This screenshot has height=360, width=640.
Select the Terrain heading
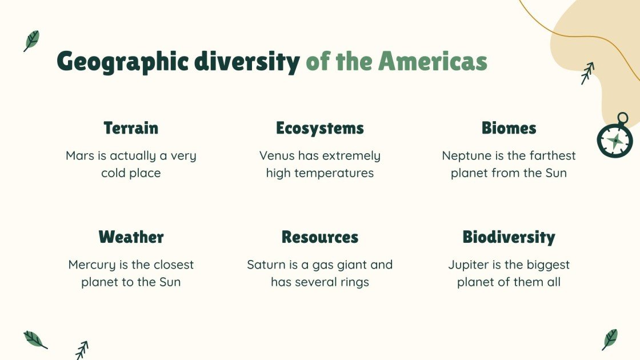point(131,128)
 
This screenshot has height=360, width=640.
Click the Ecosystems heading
point(319,128)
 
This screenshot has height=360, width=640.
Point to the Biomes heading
point(509,128)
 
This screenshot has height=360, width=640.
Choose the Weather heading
point(131,237)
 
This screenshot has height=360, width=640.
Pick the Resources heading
point(319,237)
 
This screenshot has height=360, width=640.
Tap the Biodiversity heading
point(509,237)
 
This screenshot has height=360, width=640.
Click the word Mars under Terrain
point(80,155)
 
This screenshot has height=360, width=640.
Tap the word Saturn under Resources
point(266,265)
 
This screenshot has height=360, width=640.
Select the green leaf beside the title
point(31,41)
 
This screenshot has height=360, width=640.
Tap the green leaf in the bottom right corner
point(610,339)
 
